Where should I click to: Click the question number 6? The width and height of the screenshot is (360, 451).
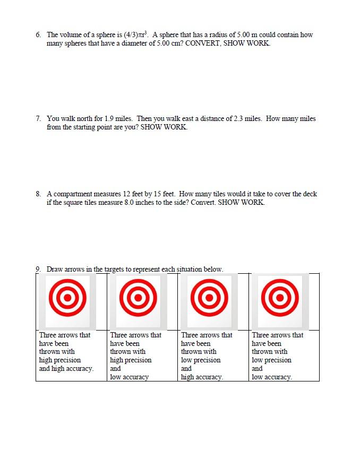(x=38, y=35)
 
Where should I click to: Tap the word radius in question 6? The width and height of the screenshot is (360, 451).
(x=213, y=35)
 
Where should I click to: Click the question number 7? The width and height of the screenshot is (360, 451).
(x=38, y=119)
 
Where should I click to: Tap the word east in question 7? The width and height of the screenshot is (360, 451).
(x=189, y=119)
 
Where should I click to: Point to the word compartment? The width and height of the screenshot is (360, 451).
(x=76, y=194)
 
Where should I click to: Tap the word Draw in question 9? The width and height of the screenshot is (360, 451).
(x=55, y=269)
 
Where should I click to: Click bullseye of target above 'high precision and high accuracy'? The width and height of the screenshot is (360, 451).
(x=67, y=298)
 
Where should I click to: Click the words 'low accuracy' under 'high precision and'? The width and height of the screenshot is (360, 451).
(x=129, y=377)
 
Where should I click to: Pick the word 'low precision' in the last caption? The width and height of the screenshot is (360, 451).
(x=271, y=360)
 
